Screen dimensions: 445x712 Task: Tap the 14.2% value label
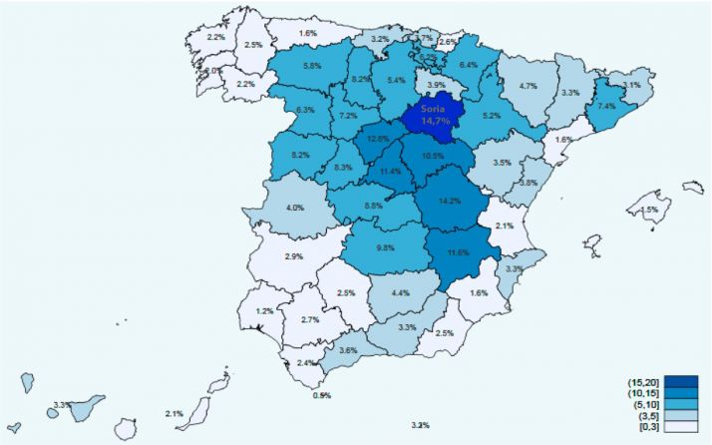click(x=449, y=200)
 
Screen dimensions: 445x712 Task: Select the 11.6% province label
click(x=458, y=252)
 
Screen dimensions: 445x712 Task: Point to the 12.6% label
click(x=377, y=139)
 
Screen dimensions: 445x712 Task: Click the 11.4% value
click(x=391, y=172)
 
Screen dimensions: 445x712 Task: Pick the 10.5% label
click(x=433, y=157)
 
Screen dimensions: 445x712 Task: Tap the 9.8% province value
click(x=387, y=247)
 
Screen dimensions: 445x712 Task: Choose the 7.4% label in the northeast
click(x=606, y=106)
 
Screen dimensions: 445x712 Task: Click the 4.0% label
click(x=295, y=208)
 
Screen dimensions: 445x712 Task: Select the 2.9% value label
click(x=293, y=256)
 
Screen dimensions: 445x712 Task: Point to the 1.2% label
click(x=264, y=311)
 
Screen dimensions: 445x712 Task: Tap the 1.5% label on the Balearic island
click(x=649, y=210)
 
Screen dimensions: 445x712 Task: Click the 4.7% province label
click(x=529, y=86)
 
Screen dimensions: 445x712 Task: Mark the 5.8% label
click(x=311, y=66)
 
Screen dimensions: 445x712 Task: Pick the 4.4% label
click(x=401, y=292)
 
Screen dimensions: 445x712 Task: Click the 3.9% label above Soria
click(x=436, y=86)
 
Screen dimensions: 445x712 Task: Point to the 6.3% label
click(x=305, y=110)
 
